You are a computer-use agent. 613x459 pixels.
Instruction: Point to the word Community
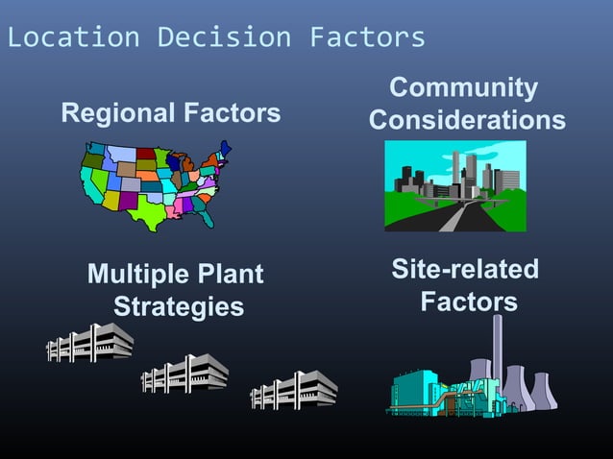[x=464, y=88]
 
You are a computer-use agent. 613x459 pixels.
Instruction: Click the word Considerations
[x=467, y=121]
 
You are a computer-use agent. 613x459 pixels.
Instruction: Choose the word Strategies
[x=178, y=307]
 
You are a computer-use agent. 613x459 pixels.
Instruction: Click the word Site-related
[x=465, y=270]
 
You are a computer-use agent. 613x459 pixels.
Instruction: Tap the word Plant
[x=231, y=275]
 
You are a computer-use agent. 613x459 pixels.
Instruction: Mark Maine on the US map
[x=225, y=148]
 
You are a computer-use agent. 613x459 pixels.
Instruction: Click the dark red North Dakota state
[x=145, y=154]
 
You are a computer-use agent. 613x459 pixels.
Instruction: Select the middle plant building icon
[x=184, y=374]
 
